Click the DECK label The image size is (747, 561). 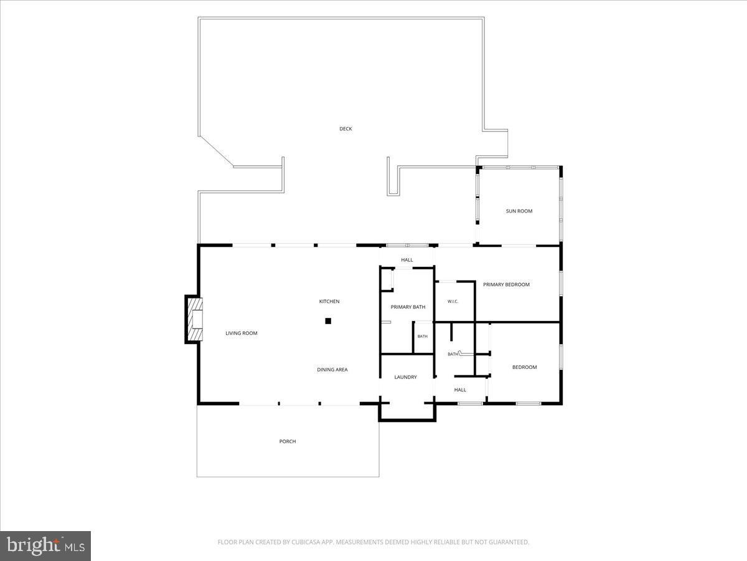tap(345, 129)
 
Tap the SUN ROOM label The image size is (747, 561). tap(519, 211)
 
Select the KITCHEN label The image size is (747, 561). tap(329, 302)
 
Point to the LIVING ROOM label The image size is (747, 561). tap(242, 333)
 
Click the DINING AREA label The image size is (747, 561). tap(332, 370)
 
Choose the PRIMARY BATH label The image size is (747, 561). tap(408, 307)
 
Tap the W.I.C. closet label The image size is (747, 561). tap(453, 302)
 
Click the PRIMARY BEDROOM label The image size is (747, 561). tap(506, 284)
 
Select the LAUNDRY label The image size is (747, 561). tap(405, 377)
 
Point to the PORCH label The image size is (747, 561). tap(288, 441)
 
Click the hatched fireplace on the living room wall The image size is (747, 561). tap(197, 319)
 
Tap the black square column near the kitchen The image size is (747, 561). tap(328, 321)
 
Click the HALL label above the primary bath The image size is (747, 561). tap(406, 260)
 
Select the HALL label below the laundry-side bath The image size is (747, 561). tap(460, 390)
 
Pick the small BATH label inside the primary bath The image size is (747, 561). tap(422, 337)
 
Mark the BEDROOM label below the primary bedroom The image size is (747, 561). tap(524, 367)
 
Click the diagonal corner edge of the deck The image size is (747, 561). tap(216, 151)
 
